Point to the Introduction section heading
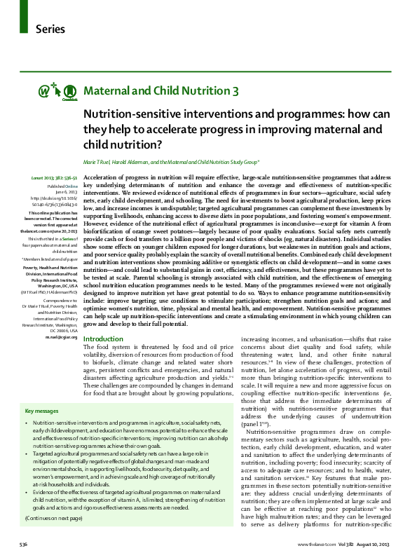click(x=103, y=339)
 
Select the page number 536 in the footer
click(x=24, y=544)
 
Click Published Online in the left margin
click(x=62, y=186)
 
